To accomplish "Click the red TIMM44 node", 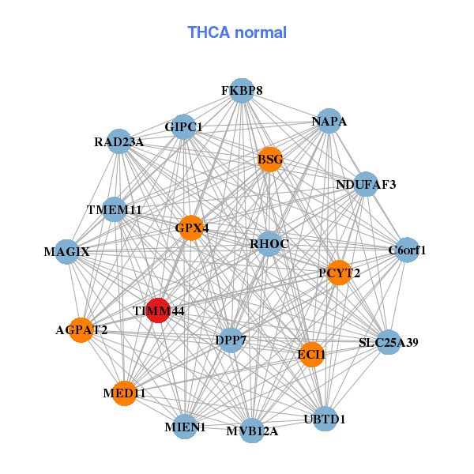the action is pos(158,310).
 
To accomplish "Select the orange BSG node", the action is pos(270,160).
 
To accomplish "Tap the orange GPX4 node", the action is pos(190,228).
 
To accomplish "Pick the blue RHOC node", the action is pos(269,244).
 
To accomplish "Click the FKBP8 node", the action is pos(242,91).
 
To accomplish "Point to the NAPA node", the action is pos(329,121).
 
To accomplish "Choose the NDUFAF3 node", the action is pos(366,184).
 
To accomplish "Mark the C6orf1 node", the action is pos(407,250).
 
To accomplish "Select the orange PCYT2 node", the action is pos(340,273).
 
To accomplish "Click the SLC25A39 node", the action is pos(389,342).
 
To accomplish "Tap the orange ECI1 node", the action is pos(311,355).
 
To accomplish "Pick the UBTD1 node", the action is pos(325,419).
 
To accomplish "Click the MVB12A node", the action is pos(252,431).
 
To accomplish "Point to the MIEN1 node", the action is pos(185,427).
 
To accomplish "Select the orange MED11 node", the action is pos(125,393).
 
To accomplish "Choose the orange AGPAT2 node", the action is pos(81,330).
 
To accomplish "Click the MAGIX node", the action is pos(67,251).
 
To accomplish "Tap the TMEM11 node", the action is pos(114,209).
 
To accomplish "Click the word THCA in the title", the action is pos(209,32).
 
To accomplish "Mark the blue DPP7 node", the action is pos(231,340).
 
